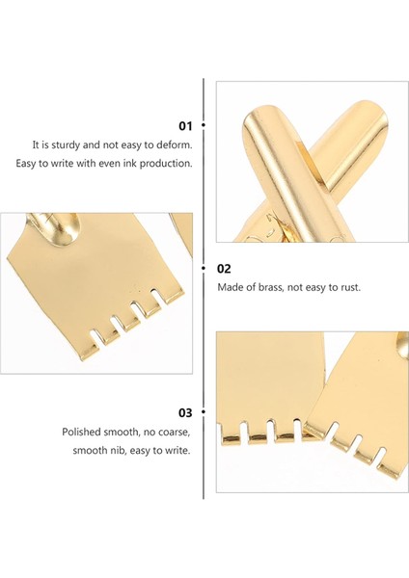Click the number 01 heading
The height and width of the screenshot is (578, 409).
tap(185, 126)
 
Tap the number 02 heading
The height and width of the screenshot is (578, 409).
tap(224, 269)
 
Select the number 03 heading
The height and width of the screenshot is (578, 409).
tap(185, 412)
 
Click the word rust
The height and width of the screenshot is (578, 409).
tap(350, 287)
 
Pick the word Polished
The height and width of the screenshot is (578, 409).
tap(81, 432)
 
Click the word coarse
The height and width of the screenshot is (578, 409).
tap(174, 432)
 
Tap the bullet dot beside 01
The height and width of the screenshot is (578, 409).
tap(203, 125)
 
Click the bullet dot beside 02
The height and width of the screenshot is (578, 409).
tap(203, 268)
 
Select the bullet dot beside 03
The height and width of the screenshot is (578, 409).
tap(203, 411)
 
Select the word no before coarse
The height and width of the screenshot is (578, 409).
tap(150, 432)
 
